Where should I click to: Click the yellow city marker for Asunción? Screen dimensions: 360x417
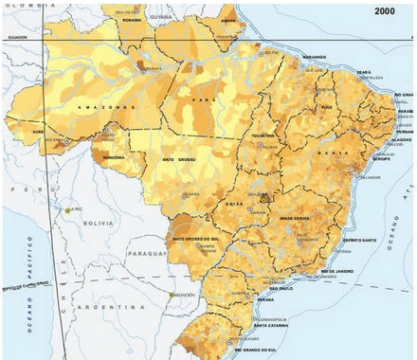pos(172,295)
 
